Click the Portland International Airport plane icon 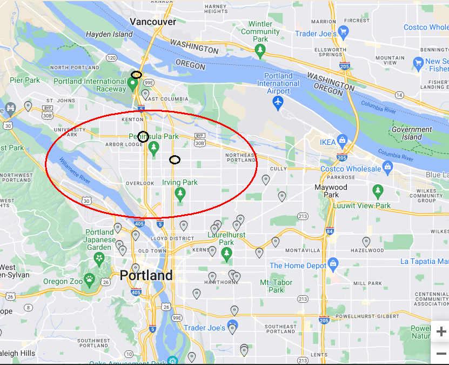(278, 103)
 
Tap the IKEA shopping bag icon (342, 142)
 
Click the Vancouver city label (153, 22)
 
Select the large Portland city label (146, 275)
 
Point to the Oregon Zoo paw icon (90, 279)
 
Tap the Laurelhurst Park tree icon (227, 253)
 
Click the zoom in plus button (441, 331)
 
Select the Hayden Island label (109, 34)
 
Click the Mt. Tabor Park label (276, 286)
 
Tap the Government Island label (412, 133)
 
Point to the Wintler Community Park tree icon (260, 51)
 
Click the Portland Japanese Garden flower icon (99, 258)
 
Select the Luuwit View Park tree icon (378, 191)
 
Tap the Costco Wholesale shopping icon (387, 168)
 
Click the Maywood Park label (331, 191)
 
